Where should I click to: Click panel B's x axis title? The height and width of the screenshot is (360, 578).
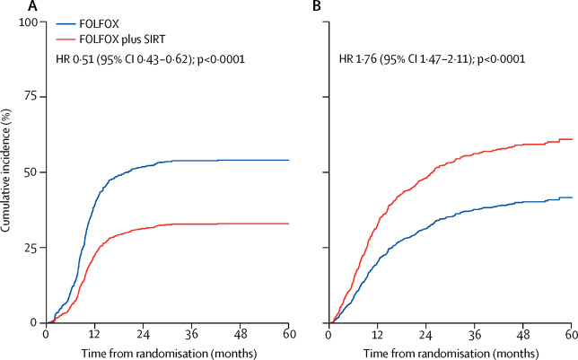tap(451, 349)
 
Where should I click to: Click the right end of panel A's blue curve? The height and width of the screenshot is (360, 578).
tap(288, 160)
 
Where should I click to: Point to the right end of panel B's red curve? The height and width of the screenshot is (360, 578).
tap(572, 139)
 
